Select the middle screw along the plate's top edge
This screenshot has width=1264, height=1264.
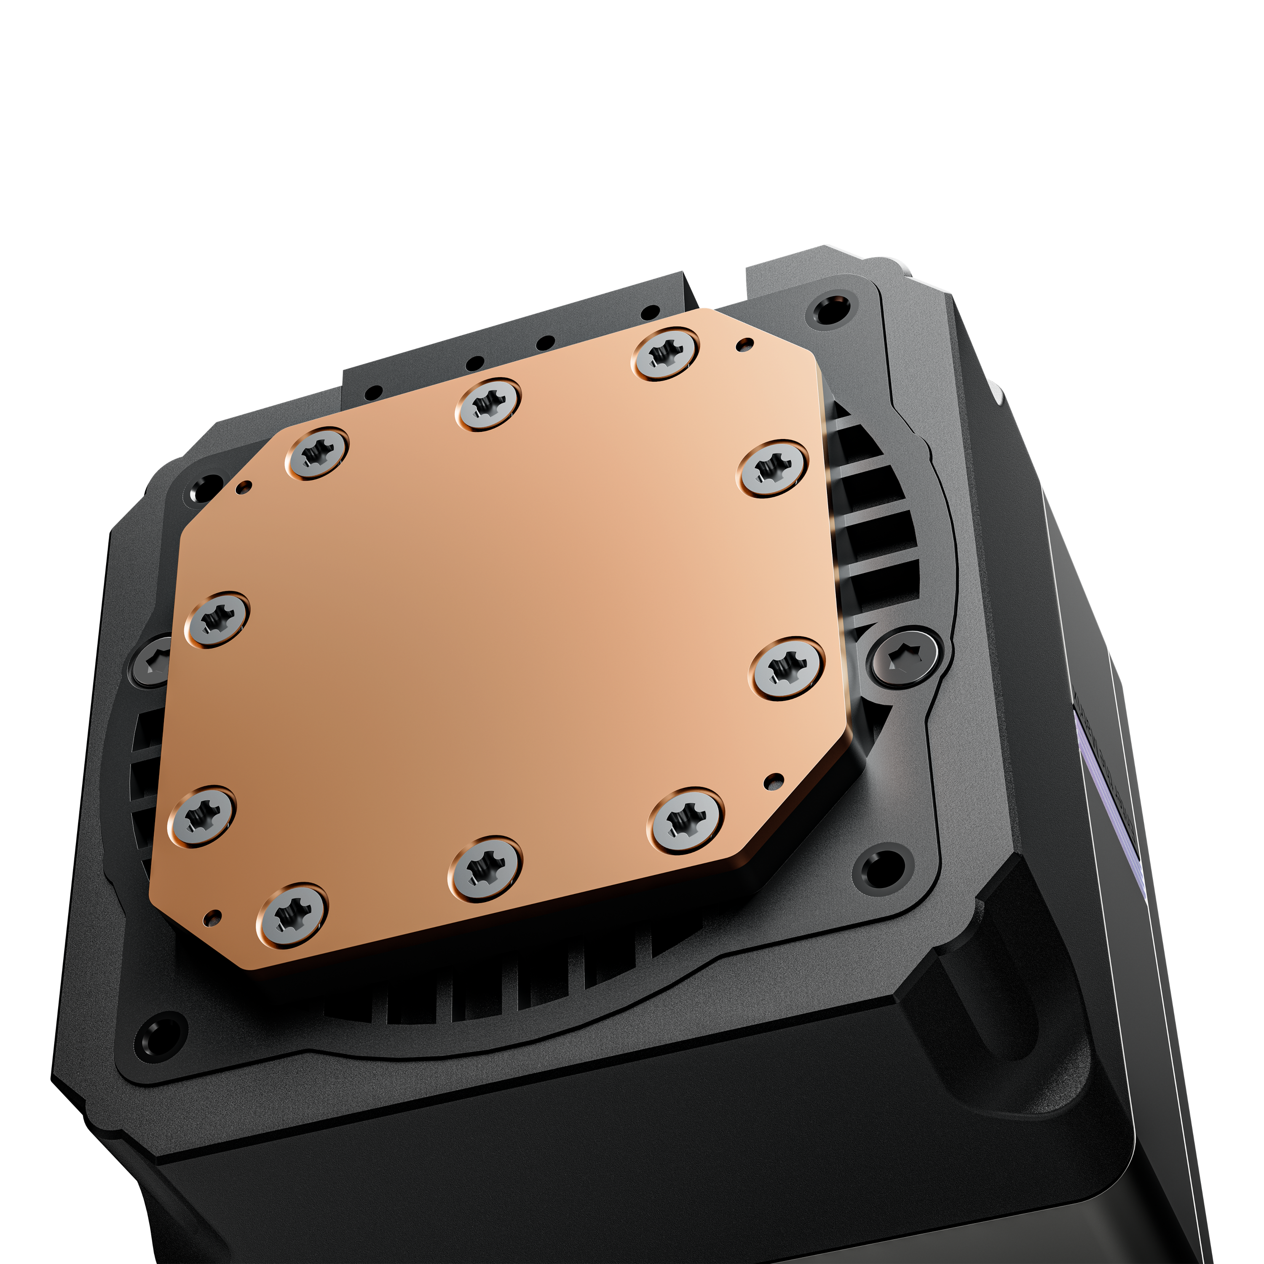488,404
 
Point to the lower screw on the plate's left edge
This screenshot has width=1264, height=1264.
201,815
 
